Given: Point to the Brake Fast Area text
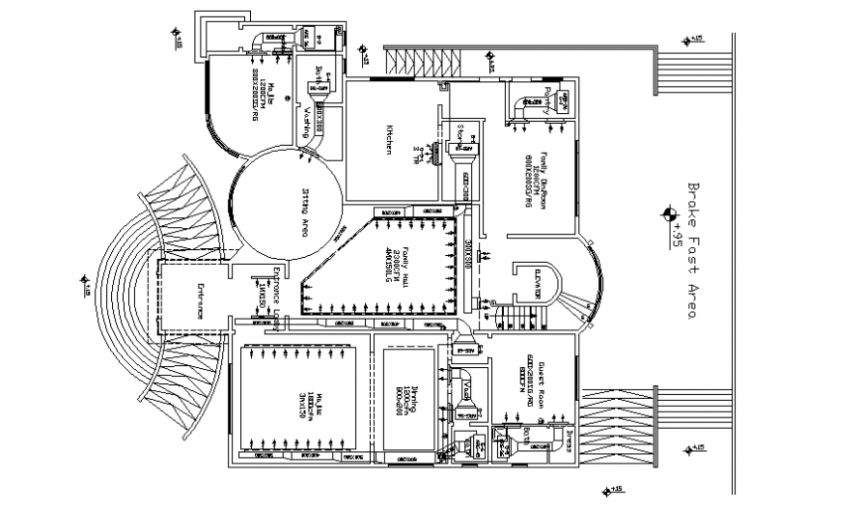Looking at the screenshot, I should (691, 249).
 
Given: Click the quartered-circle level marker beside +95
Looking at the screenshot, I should (669, 211).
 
